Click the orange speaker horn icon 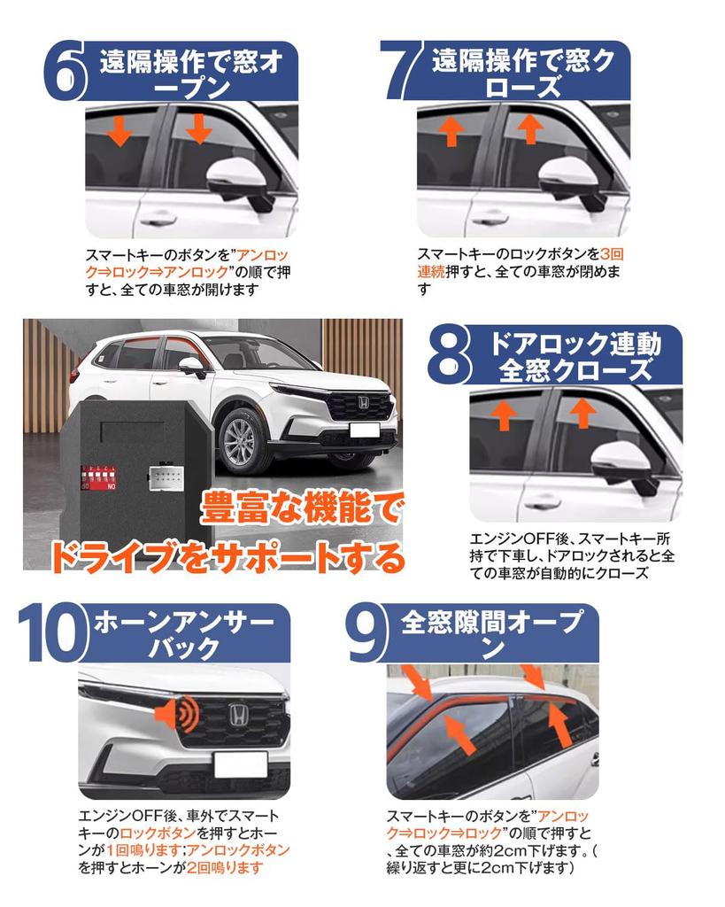pos(176,714)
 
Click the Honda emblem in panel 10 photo pos(239,716)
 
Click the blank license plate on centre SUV pos(365,430)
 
